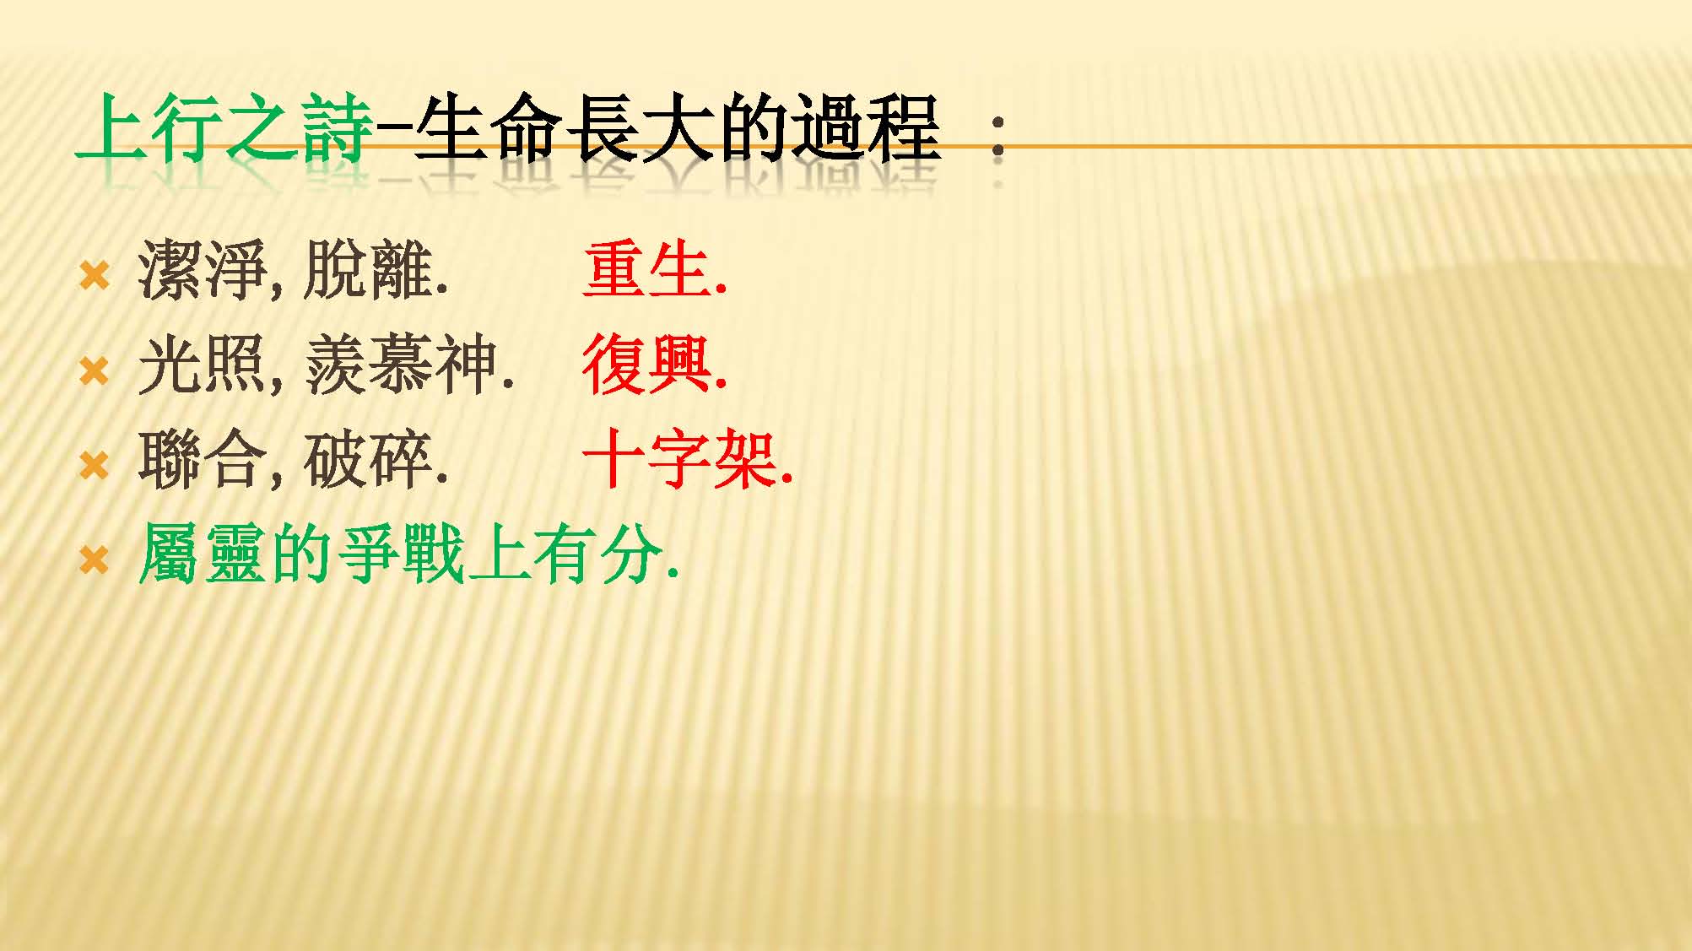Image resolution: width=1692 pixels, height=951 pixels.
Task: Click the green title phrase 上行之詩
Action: (x=224, y=127)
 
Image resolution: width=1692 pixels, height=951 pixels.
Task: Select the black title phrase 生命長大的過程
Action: (x=677, y=127)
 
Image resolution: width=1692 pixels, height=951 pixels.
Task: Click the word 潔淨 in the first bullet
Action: (x=203, y=270)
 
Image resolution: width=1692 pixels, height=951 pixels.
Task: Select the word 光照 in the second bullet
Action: (x=203, y=365)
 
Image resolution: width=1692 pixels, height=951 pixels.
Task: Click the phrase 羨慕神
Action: (x=400, y=365)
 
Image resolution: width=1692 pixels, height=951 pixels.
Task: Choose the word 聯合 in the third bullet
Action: (x=203, y=460)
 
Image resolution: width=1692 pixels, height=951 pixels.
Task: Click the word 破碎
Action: (x=367, y=460)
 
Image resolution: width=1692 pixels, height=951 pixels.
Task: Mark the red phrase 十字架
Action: (x=679, y=460)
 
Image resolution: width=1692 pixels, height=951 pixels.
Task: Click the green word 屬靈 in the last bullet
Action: (x=203, y=554)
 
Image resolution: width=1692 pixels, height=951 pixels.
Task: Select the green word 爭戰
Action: (x=400, y=554)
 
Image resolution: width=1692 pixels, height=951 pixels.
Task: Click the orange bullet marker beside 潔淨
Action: (x=94, y=275)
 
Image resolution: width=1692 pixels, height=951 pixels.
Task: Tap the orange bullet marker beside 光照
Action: (x=94, y=370)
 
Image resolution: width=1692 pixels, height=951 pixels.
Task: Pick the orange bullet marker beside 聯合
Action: (x=94, y=465)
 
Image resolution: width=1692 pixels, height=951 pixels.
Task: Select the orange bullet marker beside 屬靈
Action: (x=94, y=559)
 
